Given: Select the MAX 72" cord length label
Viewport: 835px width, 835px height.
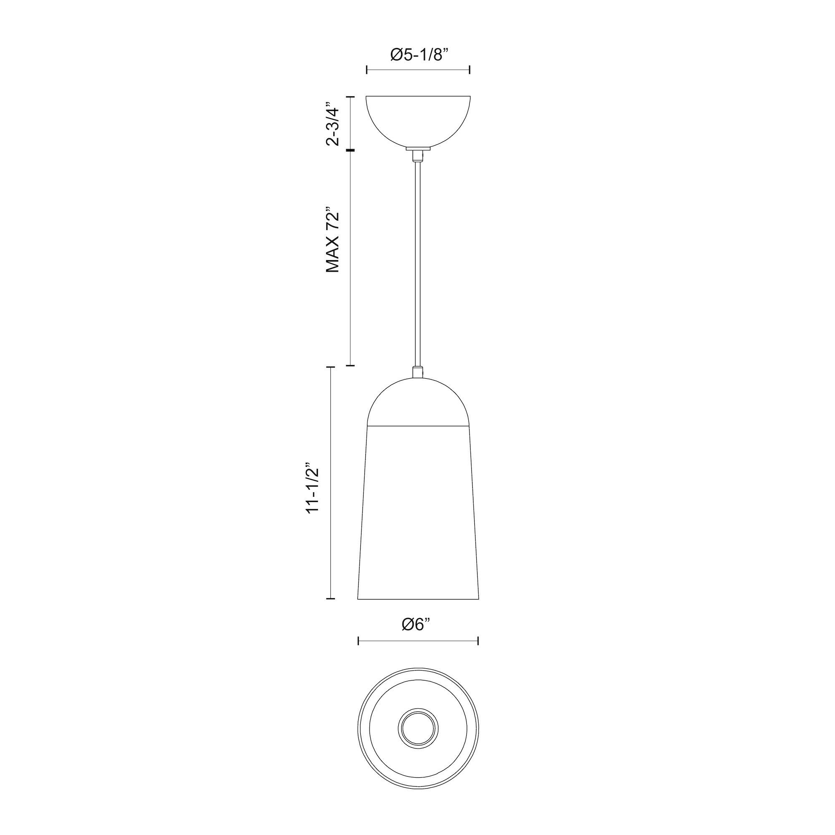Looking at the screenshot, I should tap(333, 242).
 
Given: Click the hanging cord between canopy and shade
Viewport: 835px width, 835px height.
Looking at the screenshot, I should tap(417, 259).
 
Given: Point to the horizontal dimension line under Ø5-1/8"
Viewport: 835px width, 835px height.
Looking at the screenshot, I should tap(418, 69).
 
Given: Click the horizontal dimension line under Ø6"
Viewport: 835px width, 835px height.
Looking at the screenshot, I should tap(418, 653).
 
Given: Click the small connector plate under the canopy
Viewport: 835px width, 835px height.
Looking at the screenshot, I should tap(418, 148).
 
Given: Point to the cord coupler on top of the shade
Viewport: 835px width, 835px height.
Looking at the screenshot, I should tap(417, 372).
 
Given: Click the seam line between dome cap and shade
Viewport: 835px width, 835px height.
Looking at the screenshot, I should tap(418, 426).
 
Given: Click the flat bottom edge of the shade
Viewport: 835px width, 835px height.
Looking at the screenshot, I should tap(418, 599).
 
